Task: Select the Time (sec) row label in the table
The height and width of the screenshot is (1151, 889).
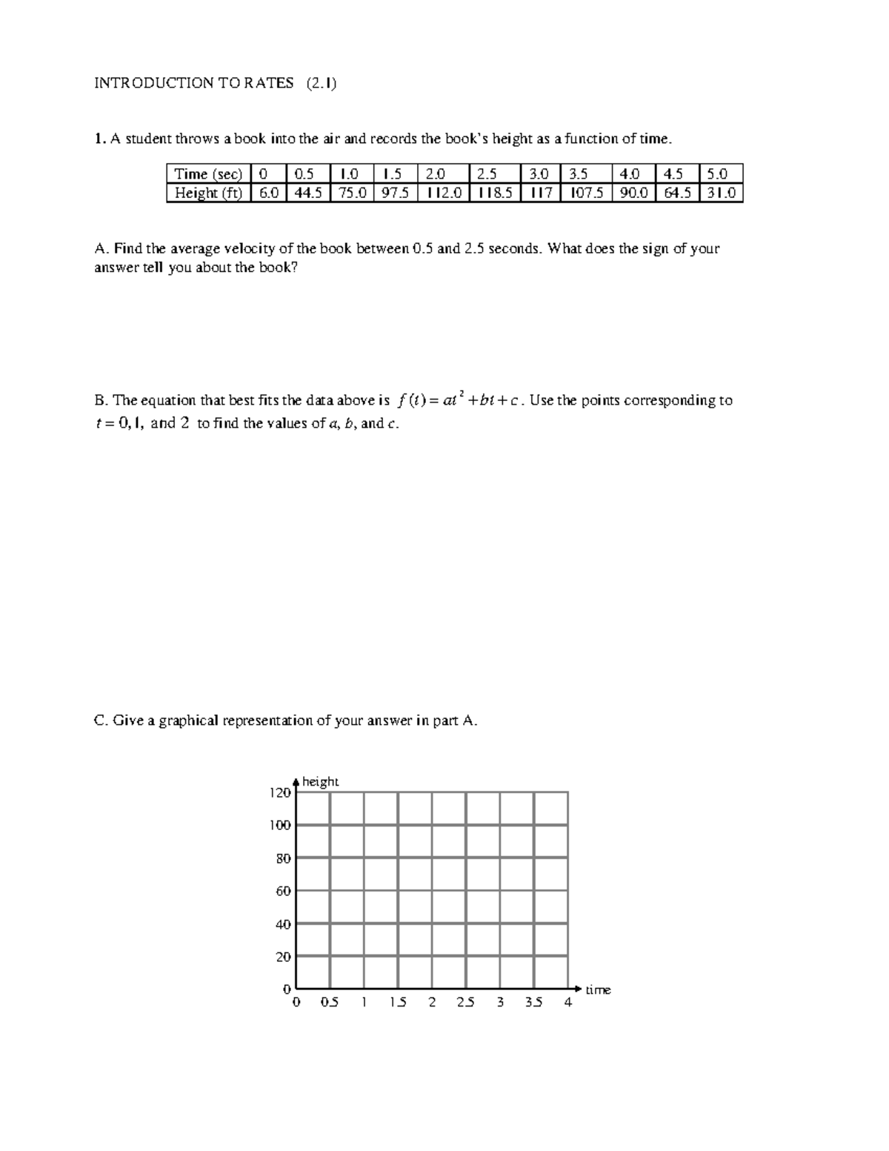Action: pyautogui.click(x=208, y=174)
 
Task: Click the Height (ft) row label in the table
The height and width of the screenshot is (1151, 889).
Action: pyautogui.click(x=208, y=193)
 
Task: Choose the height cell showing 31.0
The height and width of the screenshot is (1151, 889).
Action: pyautogui.click(x=721, y=193)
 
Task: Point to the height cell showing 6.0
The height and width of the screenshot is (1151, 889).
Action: pyautogui.click(x=268, y=193)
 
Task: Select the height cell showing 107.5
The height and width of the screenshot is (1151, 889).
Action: pyautogui.click(x=586, y=193)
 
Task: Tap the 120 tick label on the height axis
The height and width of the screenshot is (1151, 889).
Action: pyautogui.click(x=279, y=793)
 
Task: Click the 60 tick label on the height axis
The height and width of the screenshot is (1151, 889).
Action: pyautogui.click(x=283, y=891)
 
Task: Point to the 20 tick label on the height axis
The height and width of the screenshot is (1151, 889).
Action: pyautogui.click(x=283, y=957)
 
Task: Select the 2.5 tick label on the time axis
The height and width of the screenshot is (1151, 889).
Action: pyautogui.click(x=466, y=1003)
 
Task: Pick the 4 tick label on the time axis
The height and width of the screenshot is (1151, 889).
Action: pyautogui.click(x=568, y=1003)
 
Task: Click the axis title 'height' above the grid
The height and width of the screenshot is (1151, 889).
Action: pyautogui.click(x=320, y=782)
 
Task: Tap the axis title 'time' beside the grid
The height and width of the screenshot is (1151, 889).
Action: pyautogui.click(x=598, y=989)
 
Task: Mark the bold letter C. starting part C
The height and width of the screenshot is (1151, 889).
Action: pyautogui.click(x=101, y=720)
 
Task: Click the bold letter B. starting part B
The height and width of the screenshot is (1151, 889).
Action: pyautogui.click(x=101, y=401)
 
